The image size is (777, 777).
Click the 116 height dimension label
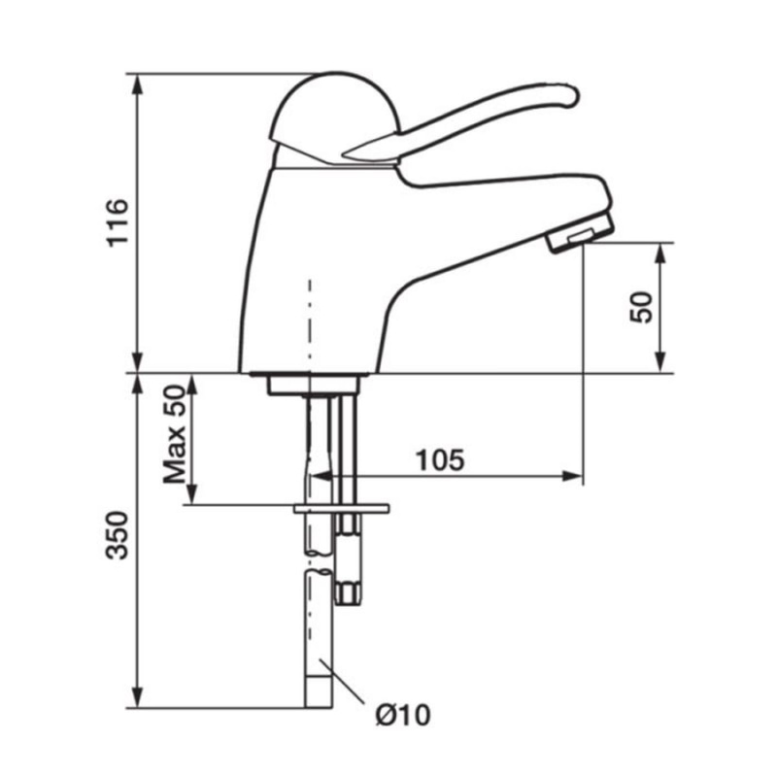point(118,222)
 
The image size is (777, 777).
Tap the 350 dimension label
point(118,535)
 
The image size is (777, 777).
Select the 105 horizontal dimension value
point(440,460)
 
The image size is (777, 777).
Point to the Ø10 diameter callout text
point(403,715)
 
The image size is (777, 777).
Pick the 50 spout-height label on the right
point(642,307)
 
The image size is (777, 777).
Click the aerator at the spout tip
point(581,232)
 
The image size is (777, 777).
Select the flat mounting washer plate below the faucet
point(342,508)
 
